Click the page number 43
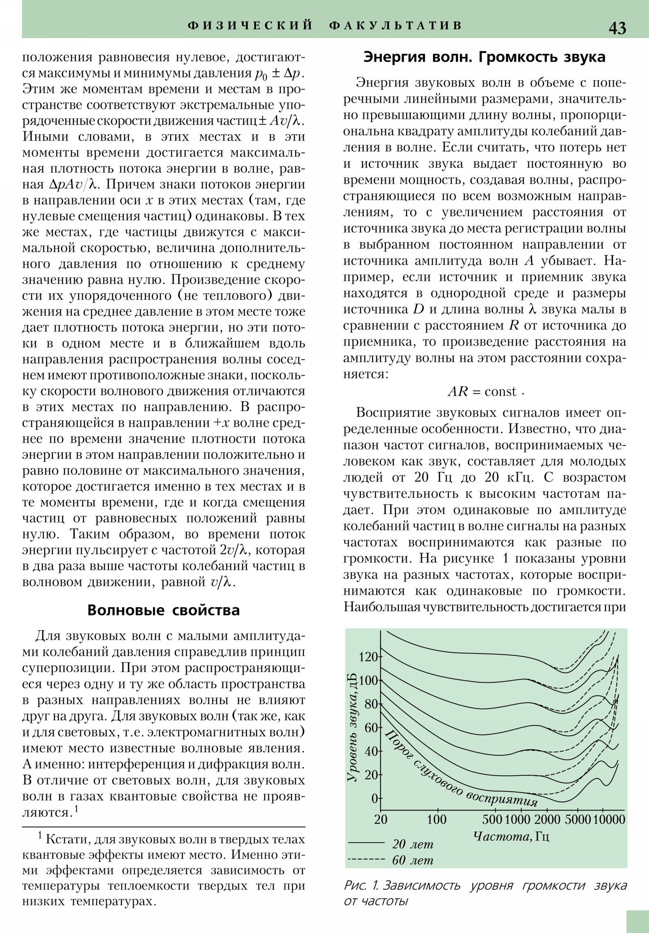617,28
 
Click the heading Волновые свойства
163,610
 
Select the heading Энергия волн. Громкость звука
484,57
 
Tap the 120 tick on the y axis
369,657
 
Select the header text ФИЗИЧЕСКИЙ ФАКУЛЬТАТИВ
325,26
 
